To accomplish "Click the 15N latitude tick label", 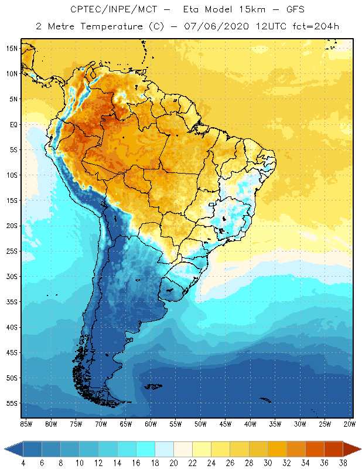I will (12, 48).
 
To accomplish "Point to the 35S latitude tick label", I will (12, 302).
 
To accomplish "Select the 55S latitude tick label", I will (12, 403).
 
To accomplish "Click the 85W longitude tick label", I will (26, 424).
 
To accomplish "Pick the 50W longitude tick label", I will (200, 424).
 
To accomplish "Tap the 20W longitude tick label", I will (350, 424).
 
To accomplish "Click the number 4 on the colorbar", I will (23, 463).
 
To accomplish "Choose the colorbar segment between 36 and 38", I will (334, 448).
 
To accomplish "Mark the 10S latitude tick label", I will (12, 175).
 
